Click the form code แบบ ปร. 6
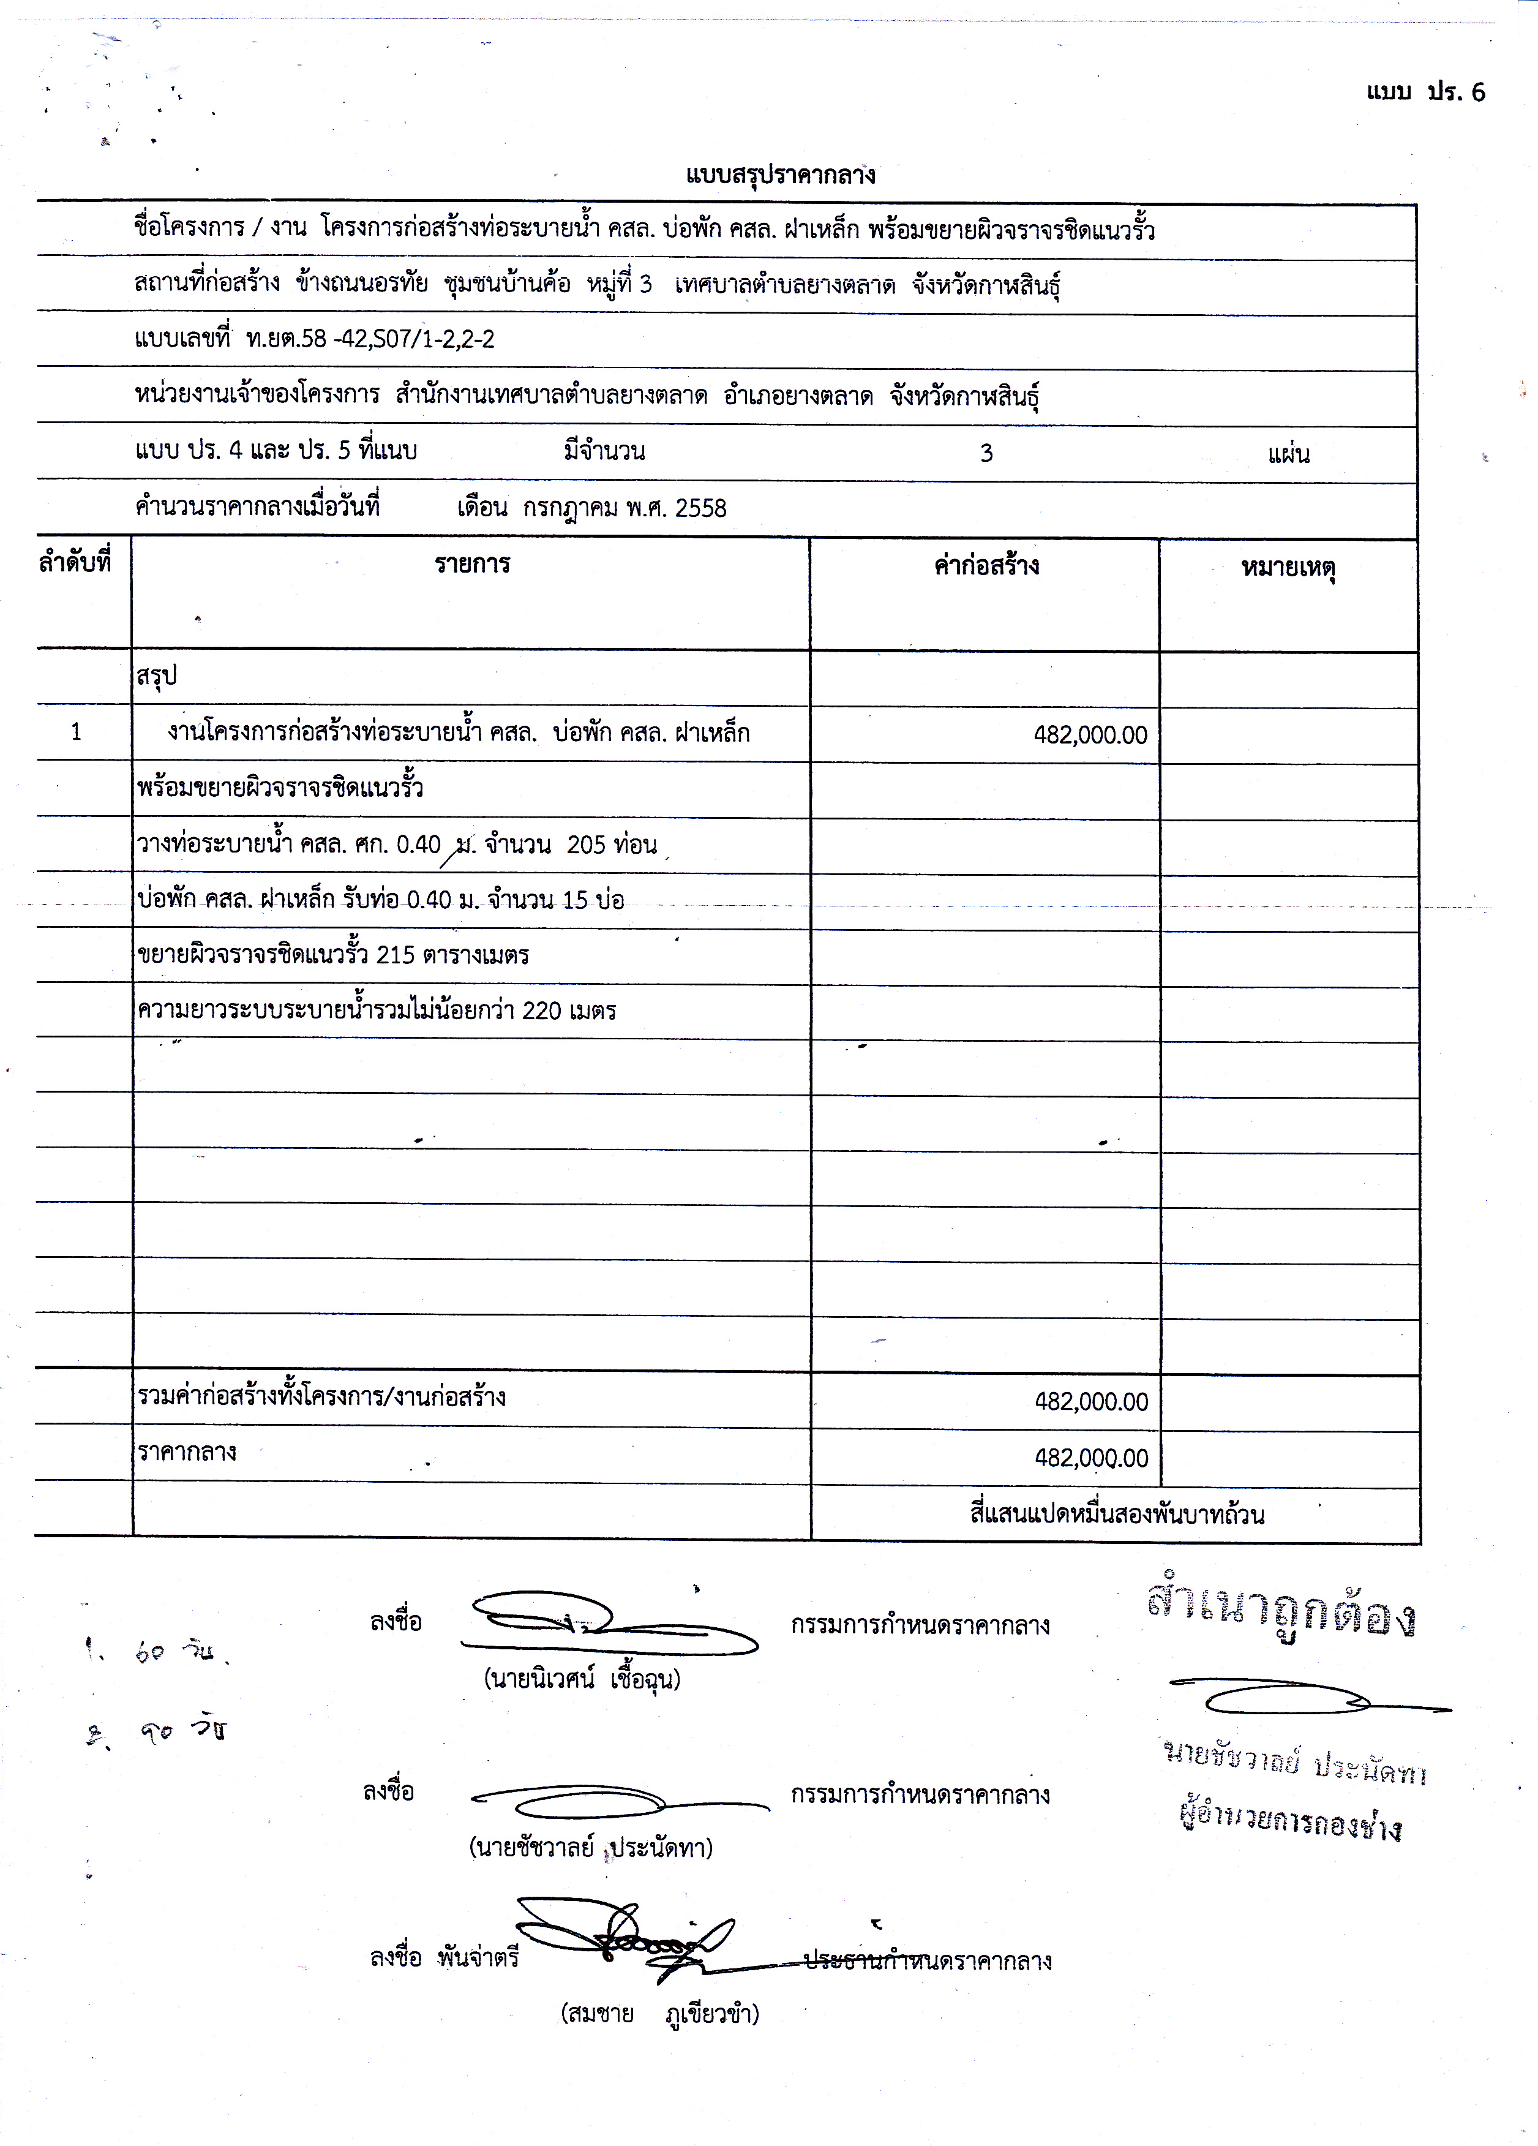1425,92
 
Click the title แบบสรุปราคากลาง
781,175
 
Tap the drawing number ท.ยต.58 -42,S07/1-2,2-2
369,340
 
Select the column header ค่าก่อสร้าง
986,566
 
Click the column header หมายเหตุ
1288,569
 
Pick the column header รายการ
472,565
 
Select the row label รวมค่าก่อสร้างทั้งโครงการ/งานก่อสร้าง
321,1396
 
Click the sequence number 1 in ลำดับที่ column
77,731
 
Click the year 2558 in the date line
701,509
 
